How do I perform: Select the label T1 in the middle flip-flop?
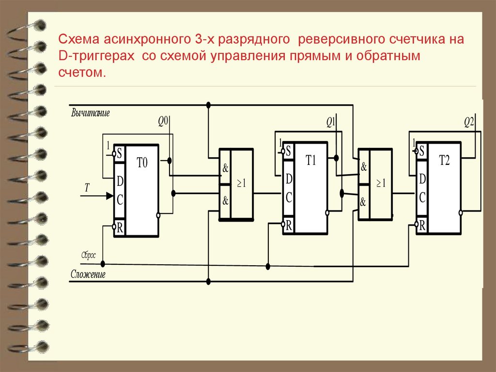310,161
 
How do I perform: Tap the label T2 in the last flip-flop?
444,161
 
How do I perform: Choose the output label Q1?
331,122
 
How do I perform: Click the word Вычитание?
91,113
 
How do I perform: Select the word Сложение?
88,275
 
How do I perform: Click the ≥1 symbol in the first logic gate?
241,184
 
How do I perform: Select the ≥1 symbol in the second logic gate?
380,183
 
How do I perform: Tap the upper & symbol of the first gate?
225,168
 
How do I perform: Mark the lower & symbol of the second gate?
364,200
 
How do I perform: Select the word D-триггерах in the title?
95,56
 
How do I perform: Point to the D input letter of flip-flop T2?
422,179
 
